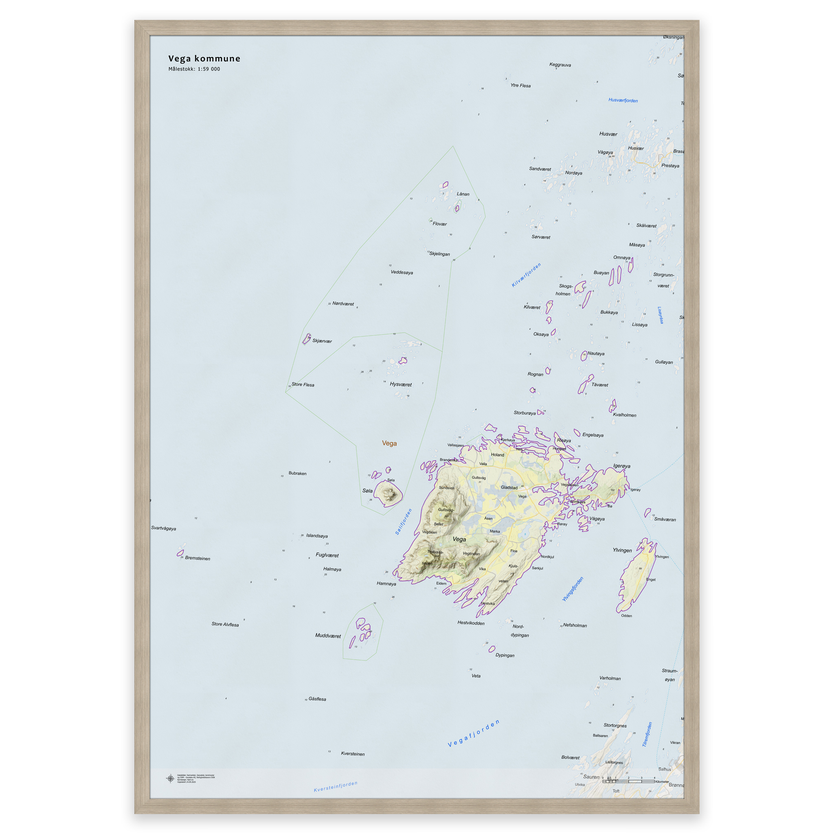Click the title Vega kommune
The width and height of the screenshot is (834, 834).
[204, 59]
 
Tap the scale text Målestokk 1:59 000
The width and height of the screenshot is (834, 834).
[194, 69]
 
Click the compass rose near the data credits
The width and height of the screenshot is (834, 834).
[171, 778]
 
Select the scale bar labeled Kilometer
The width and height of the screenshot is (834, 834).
[628, 781]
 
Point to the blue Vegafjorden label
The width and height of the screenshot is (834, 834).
[474, 733]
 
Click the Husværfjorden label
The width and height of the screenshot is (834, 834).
[623, 100]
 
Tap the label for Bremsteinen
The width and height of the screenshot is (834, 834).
[197, 558]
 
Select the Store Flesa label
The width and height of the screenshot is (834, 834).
[303, 384]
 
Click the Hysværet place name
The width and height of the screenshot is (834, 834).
[400, 384]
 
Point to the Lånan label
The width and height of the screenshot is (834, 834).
[463, 194]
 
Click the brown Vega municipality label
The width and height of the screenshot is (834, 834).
[389, 443]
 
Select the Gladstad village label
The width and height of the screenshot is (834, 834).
[509, 487]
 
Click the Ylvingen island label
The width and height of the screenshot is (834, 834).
[622, 550]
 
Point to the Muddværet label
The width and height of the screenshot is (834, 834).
[328, 635]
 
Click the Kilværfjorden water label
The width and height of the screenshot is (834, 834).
[526, 275]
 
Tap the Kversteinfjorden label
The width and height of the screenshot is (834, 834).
[336, 786]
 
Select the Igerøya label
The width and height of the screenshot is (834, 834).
[621, 466]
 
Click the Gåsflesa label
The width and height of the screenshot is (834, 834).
[317, 699]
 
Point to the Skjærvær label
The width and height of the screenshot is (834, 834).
[322, 341]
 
